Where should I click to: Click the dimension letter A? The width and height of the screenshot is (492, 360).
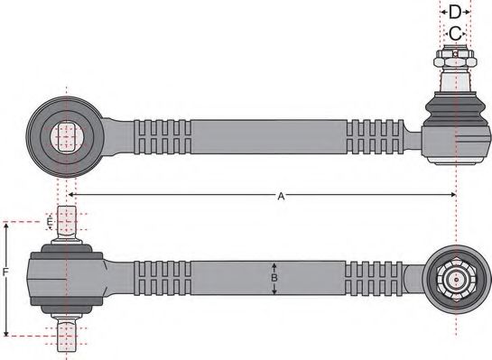[x=281, y=196]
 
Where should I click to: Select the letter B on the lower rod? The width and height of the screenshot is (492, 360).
[x=274, y=279]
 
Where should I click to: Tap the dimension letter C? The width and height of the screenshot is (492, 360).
[x=456, y=32]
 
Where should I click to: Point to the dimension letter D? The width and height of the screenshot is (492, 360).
[x=456, y=12]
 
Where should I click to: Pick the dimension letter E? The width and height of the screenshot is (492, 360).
[x=50, y=222]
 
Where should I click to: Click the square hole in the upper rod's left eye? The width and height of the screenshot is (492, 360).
[x=65, y=136]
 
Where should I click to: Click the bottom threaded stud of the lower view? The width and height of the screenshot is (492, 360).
[x=67, y=333]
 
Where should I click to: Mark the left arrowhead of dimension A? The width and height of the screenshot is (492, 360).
[x=72, y=195]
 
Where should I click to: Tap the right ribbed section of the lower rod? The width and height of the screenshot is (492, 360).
[x=375, y=279]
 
